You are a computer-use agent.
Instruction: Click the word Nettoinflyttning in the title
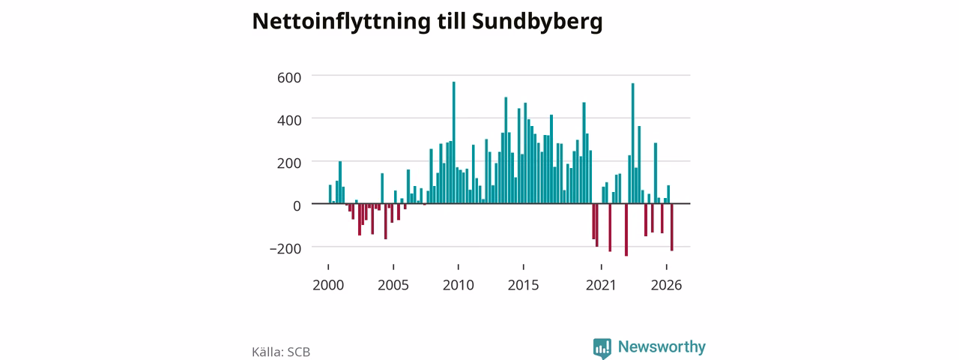coord(341,22)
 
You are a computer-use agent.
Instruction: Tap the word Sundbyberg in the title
coord(537,22)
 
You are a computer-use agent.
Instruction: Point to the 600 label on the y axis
coord(289,77)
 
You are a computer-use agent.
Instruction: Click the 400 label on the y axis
coord(289,121)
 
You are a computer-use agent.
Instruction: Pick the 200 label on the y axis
coord(289,163)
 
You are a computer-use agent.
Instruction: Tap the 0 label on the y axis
coord(297,206)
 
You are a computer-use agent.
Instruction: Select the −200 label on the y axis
coord(285,249)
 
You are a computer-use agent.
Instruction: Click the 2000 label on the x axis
coord(328,286)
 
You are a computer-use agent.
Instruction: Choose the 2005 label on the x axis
coord(393,286)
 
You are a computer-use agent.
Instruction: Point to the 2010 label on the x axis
coord(459,286)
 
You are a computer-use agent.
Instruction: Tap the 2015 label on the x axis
coord(523,286)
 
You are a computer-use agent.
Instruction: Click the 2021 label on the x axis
coord(601,286)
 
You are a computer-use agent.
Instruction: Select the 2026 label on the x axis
coord(666,286)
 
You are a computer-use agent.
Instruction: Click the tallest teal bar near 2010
coord(454,142)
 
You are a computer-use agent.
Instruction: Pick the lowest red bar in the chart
coord(626,230)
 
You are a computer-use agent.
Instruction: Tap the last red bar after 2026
coord(672,227)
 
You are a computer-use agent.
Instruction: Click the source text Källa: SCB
coord(281,352)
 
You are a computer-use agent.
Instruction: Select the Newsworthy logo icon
coord(602,348)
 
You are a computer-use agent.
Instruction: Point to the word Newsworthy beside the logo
coord(662,346)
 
